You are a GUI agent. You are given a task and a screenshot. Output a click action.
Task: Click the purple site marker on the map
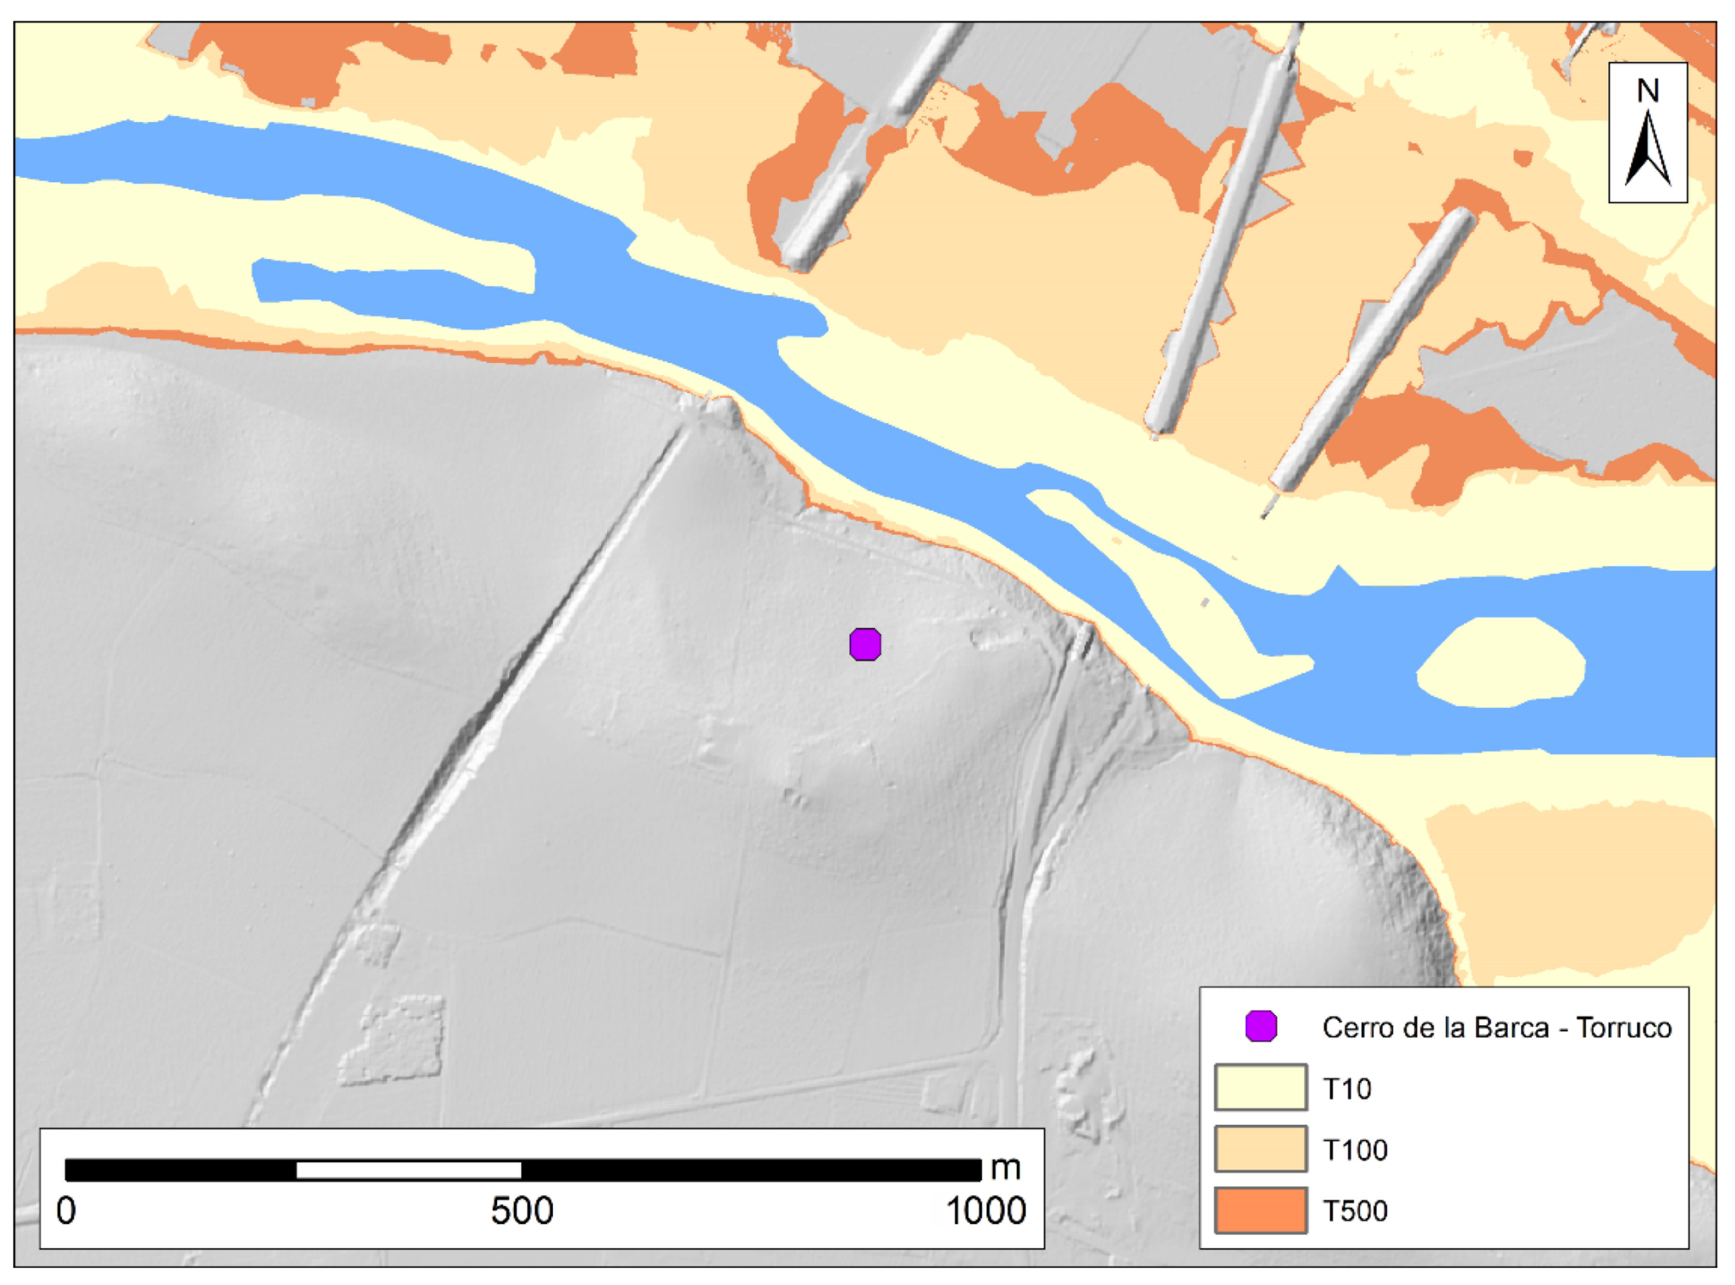point(865,645)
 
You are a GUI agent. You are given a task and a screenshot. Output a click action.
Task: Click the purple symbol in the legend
point(1260,1026)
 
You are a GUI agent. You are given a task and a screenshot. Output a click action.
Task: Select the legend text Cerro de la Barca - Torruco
point(1496,1029)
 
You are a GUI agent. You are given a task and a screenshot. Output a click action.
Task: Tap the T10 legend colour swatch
point(1260,1087)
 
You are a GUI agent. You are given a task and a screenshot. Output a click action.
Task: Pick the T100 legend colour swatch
point(1260,1149)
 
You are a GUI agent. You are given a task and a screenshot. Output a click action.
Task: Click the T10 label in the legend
point(1347,1089)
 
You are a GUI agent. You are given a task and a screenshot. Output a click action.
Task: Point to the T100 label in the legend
point(1354,1151)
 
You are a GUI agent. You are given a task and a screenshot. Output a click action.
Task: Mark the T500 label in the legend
point(1354,1211)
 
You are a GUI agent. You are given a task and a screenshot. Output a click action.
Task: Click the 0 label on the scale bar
point(66,1211)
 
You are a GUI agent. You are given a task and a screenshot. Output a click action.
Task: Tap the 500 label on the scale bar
point(522,1211)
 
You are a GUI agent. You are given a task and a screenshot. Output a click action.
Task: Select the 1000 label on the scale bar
point(985,1211)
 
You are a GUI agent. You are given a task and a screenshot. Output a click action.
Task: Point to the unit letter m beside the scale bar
point(1005,1168)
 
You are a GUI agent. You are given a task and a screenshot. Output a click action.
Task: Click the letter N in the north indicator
point(1647,91)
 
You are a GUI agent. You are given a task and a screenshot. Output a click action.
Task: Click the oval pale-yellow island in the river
point(1501,662)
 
